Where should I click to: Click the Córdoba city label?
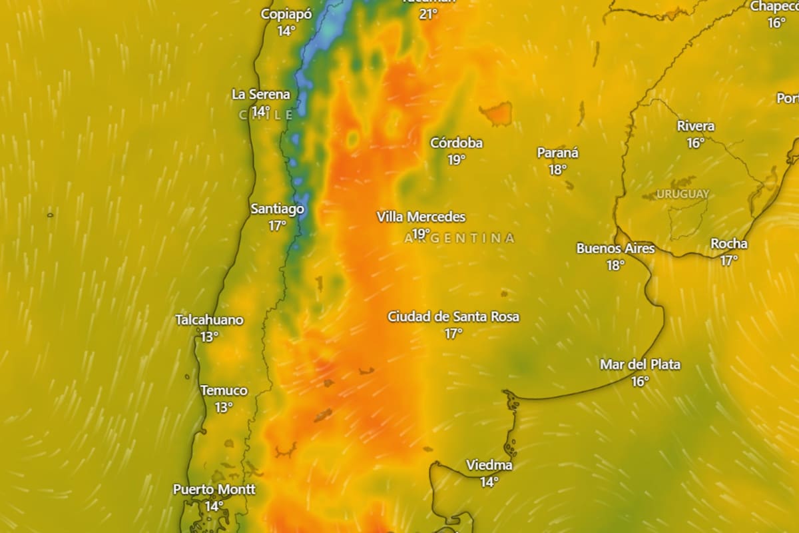456,143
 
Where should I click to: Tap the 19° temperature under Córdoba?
456,159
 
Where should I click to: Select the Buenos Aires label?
615,249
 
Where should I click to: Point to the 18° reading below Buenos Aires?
615,265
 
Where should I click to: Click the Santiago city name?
277,209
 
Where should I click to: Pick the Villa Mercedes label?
421,217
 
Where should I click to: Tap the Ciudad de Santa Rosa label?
453,316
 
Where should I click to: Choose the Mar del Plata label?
640,364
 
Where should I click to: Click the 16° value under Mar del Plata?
640,381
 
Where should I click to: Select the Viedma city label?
489,465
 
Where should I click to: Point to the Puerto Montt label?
214,489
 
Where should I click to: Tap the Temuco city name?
224,390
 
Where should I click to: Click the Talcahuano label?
209,320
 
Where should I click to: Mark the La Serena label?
260,94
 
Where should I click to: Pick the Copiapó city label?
286,14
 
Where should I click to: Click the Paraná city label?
557,153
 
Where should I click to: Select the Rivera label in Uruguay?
696,126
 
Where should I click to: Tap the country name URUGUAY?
682,194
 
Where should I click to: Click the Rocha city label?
728,244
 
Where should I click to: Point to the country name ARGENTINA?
459,238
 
